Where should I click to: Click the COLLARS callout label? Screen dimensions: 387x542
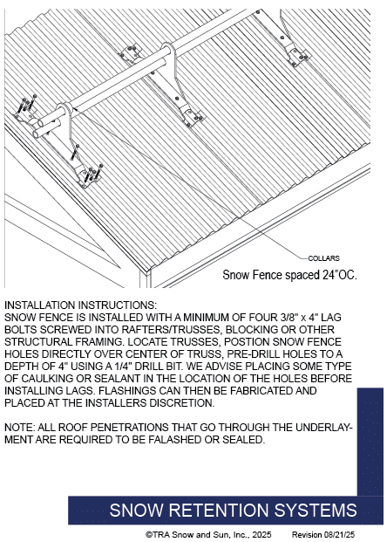(x=323, y=258)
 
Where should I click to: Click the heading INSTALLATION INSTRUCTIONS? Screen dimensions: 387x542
(x=80, y=305)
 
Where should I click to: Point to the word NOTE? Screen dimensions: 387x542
(x=19, y=428)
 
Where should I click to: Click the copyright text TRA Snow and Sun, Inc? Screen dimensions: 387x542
(x=208, y=534)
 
